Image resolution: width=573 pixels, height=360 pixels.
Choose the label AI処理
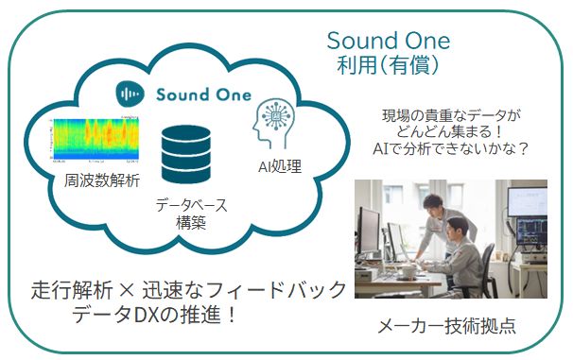(280, 167)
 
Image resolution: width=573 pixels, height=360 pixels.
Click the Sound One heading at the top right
(388, 41)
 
